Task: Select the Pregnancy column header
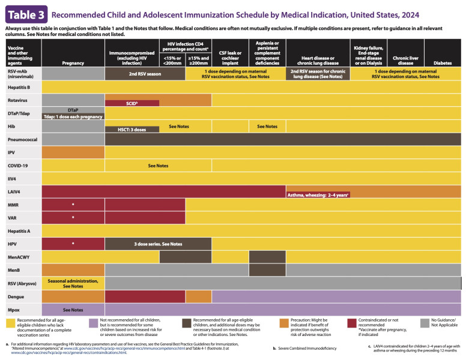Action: (73, 62)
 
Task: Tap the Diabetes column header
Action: (443, 62)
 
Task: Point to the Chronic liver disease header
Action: (405, 59)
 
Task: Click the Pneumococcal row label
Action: (21, 139)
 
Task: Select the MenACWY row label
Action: (20, 257)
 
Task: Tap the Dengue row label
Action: (16, 296)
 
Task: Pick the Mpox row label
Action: (15, 310)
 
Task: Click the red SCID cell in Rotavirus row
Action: (132, 103)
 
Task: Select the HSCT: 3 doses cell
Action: (132, 130)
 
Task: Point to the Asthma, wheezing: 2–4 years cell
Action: (318, 196)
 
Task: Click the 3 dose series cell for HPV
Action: (158, 244)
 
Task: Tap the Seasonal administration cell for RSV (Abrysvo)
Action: (73, 283)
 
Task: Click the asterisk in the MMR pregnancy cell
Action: (73, 205)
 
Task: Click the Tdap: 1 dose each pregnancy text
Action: (73, 116)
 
